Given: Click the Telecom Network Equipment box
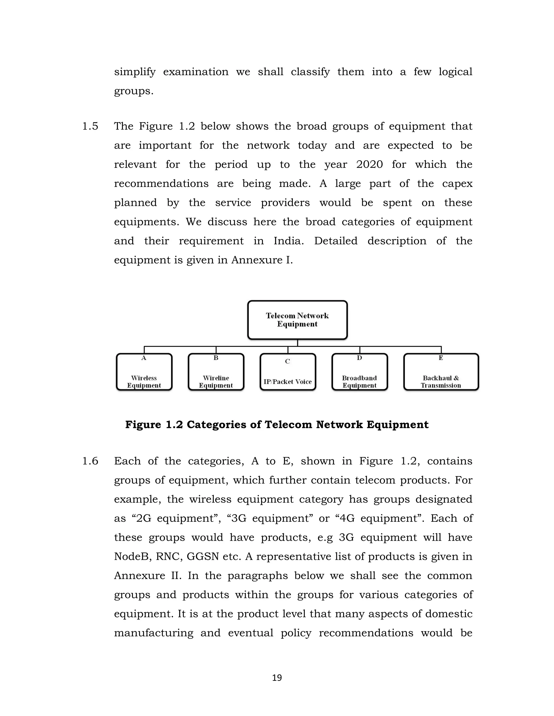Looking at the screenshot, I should (297, 320).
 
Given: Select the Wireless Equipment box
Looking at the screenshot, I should (144, 372).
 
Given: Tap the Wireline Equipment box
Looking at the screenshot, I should (216, 372).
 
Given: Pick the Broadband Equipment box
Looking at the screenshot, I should (360, 372).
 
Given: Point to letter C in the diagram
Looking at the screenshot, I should (288, 361).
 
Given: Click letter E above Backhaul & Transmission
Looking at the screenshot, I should (441, 358).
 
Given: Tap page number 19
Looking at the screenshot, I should (277, 678).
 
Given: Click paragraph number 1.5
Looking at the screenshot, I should (90, 126).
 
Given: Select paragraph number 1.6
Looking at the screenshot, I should (90, 461).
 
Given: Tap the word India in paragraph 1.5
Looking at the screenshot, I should (288, 241).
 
